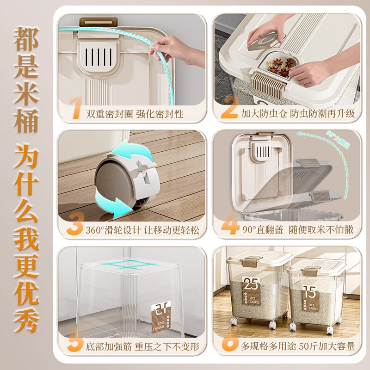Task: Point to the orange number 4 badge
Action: [x=228, y=227]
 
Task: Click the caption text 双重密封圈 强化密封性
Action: [x=135, y=114]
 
